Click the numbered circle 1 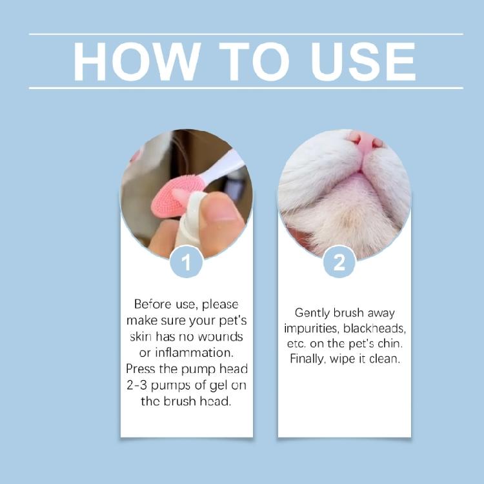tap(187, 263)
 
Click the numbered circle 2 tap(339, 263)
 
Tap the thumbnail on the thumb tap(223, 210)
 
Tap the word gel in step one tap(212, 385)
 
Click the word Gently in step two tap(313, 312)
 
